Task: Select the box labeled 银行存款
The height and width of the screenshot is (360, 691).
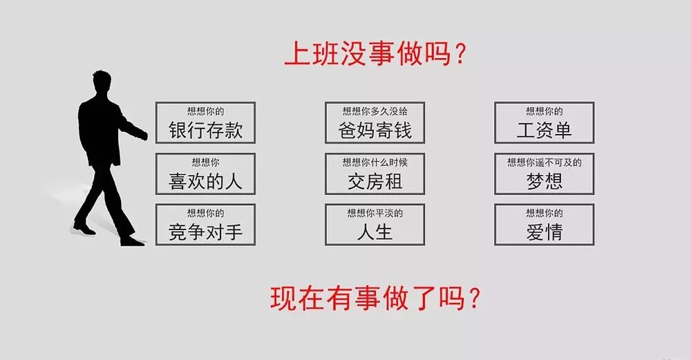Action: tap(205, 123)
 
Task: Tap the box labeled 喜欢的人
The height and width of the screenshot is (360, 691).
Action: tap(205, 174)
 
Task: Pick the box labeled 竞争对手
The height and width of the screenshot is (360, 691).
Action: tap(205, 225)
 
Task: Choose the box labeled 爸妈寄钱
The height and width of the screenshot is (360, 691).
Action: tap(375, 123)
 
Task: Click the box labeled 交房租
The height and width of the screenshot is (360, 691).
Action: tap(375, 174)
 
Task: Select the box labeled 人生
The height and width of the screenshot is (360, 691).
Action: tap(375, 225)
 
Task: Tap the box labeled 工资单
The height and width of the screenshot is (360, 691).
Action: tap(544, 123)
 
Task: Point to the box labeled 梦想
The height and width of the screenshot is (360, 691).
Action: tap(544, 174)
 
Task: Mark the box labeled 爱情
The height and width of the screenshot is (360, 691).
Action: tap(544, 225)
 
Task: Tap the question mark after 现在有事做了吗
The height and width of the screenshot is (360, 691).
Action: tap(473, 299)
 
